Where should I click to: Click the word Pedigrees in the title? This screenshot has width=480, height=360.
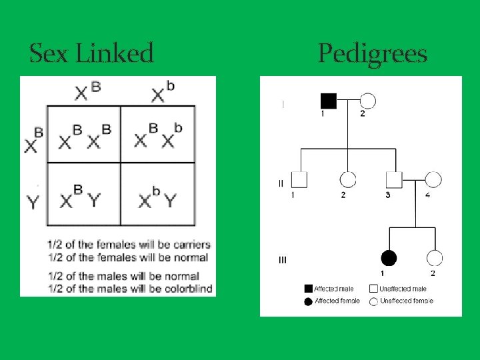tap(372, 53)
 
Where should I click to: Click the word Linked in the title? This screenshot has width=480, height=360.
tap(115, 53)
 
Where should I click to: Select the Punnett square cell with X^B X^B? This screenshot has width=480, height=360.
tap(84, 135)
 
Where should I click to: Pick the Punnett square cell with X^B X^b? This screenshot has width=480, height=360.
tap(158, 135)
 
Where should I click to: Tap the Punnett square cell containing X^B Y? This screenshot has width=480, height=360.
tap(84, 194)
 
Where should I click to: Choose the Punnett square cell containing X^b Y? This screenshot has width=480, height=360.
tap(158, 194)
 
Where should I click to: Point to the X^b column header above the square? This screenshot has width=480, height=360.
tap(163, 93)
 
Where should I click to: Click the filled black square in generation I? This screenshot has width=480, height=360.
tap(329, 101)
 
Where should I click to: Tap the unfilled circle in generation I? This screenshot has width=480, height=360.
tap(367, 101)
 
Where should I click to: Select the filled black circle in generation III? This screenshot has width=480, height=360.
tap(389, 258)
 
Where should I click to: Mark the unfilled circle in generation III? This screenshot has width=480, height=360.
tap(434, 258)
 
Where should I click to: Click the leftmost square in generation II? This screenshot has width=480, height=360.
tap(300, 179)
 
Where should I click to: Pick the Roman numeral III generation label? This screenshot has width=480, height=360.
tap(283, 259)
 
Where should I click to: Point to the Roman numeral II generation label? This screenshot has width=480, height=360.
tap(281, 183)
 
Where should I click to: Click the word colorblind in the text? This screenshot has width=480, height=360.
tap(189, 289)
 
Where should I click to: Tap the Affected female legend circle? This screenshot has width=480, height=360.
tap(308, 301)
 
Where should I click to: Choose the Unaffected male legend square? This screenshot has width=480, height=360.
tap(373, 289)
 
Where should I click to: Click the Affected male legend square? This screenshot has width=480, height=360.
tap(308, 289)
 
